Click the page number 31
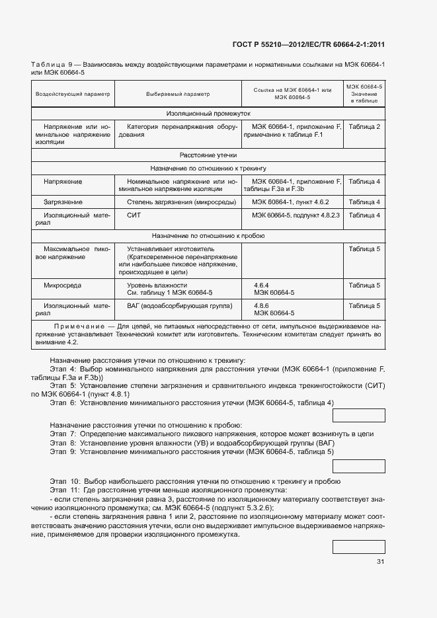pos(380,562)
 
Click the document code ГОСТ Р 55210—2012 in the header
pos(270,44)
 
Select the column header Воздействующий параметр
pos(73,94)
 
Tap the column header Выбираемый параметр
pos(178,94)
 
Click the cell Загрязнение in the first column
pos(63,202)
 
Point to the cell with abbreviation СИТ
pos(134,215)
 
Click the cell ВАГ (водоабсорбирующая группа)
pos(179,306)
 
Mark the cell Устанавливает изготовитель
pos(163,249)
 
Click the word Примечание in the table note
pos(79,327)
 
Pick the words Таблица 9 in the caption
pos(52,65)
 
